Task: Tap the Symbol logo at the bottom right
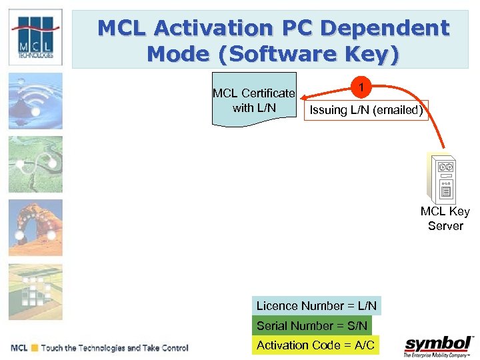point(438,347)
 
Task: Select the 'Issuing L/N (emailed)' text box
point(366,110)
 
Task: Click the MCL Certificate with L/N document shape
point(254,99)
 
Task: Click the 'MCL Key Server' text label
point(445,219)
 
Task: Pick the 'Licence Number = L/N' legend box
point(317,306)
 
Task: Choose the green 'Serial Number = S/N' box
point(311,325)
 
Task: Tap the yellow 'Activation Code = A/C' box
point(315,345)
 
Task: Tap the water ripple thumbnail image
point(35,100)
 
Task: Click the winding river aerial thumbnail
point(35,164)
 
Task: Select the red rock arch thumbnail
point(35,227)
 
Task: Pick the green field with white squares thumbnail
point(35,291)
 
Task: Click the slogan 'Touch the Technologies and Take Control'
point(115,348)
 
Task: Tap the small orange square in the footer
point(34,348)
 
